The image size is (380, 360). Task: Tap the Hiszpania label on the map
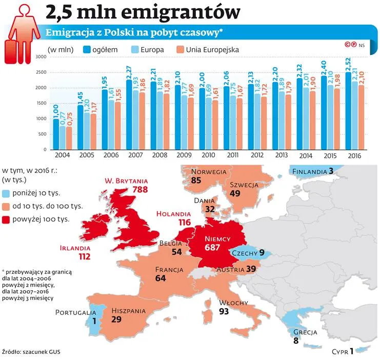coord(128,311)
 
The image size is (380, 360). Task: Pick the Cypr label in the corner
coord(340,352)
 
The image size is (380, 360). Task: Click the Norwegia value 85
coord(196,181)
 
